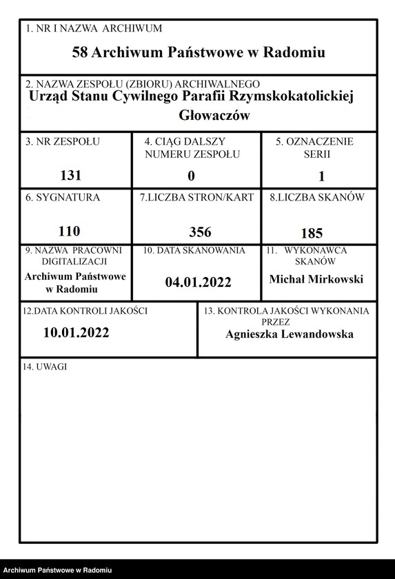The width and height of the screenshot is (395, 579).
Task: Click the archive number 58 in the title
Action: pos(80,52)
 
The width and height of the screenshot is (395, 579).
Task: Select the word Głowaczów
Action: pos(214,115)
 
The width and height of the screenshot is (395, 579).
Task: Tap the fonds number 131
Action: pos(71,175)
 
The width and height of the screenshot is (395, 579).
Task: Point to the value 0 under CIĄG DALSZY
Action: pos(192,175)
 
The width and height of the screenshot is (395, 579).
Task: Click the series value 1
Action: pos(321,176)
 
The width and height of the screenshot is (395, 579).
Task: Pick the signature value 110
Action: pos(70,231)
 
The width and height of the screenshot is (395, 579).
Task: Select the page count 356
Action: pos(200,232)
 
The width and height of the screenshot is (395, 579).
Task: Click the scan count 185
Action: pos(312,232)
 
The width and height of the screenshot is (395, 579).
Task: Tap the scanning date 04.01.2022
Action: pos(199,281)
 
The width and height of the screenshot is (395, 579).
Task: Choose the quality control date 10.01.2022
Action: pos(76,332)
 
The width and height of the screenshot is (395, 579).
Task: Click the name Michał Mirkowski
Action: pos(316,279)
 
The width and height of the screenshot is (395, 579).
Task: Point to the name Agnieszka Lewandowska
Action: pos(290,334)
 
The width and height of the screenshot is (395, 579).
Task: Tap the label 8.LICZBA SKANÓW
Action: pos(317,197)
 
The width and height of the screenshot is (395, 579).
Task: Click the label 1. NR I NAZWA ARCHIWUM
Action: pos(93,28)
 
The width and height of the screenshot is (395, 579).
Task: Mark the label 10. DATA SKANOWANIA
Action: pos(194,251)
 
